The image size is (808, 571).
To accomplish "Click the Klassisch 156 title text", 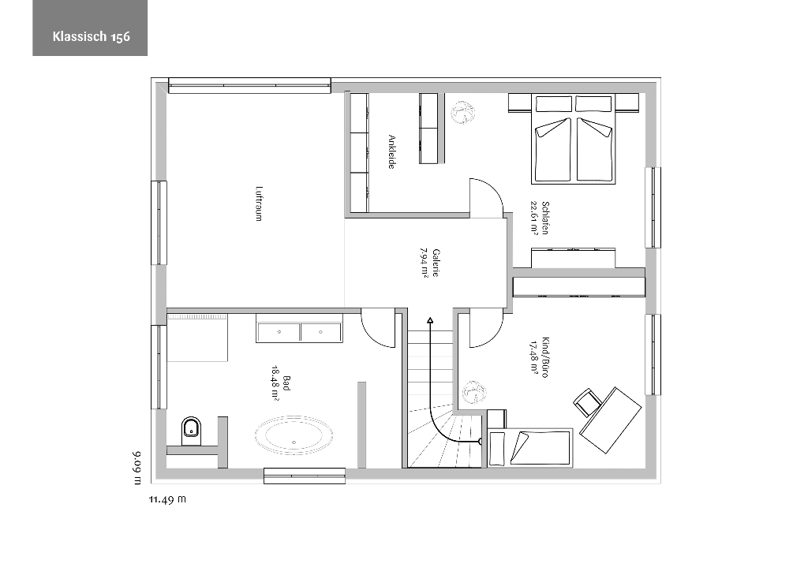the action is click(92, 36).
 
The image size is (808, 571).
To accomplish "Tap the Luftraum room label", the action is click(259, 204).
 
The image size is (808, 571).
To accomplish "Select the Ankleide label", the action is click(391, 152).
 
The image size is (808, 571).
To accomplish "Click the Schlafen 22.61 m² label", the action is click(538, 218).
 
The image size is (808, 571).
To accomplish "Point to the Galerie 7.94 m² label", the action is click(429, 263).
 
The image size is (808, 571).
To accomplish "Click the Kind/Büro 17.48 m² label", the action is click(538, 358).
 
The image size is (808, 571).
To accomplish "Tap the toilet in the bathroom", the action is click(192, 431).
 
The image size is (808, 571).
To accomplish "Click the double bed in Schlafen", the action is click(573, 139).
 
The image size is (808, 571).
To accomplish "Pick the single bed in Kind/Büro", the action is click(530, 447).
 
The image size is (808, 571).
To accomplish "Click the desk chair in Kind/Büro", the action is click(587, 401).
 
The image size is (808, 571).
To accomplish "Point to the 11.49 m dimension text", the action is click(167, 499).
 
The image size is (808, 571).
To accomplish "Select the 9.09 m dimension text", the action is click(137, 468).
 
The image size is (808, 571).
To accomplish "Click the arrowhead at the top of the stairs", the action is click(430, 321).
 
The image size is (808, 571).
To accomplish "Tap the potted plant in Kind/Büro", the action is click(474, 392).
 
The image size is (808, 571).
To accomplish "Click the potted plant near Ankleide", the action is click(462, 111).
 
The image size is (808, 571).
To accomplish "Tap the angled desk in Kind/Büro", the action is click(612, 420).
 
